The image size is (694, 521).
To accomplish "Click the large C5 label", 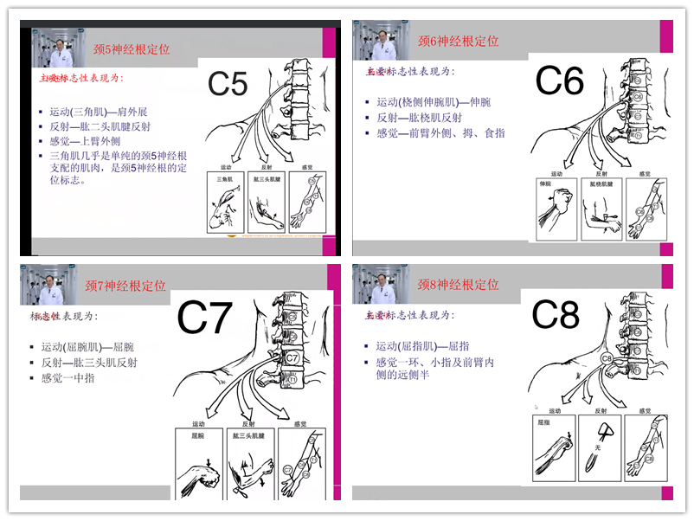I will tap(228, 84).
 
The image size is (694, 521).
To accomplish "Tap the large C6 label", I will tap(560, 81).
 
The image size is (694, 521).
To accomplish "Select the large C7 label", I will tap(205, 318).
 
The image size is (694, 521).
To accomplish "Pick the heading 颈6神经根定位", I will tap(458, 42).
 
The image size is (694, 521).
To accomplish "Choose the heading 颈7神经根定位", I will tap(125, 286).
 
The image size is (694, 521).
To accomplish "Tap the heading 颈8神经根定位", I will tap(458, 284).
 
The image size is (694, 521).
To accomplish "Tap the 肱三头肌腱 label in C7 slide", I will tap(248, 437).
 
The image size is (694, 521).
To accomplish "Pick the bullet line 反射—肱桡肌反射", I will tap(419, 118).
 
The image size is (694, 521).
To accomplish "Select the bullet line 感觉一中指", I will tap(62, 378).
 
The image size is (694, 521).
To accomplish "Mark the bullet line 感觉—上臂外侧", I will tap(85, 141).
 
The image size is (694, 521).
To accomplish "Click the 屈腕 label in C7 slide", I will tap(198, 437).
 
